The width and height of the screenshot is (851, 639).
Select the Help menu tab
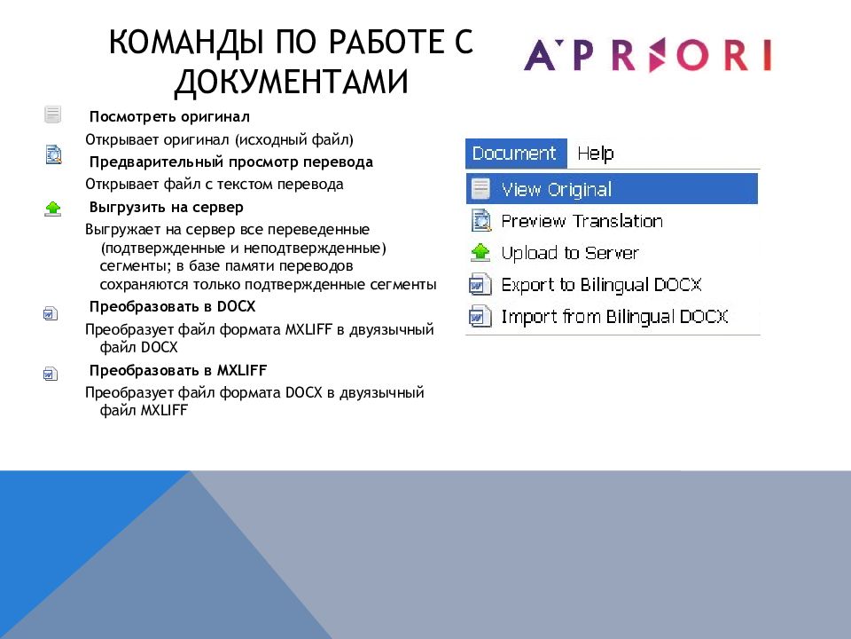click(596, 154)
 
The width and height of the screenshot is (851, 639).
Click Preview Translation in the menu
click(582, 221)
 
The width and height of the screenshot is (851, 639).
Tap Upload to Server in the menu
click(570, 253)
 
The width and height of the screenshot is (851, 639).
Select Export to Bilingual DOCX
click(601, 285)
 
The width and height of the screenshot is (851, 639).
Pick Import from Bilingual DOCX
click(614, 316)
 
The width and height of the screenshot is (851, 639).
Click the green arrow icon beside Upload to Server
click(480, 253)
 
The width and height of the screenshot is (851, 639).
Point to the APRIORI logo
click(647, 55)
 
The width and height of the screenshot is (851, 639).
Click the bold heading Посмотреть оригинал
click(169, 117)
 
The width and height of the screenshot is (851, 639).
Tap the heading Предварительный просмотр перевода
click(231, 162)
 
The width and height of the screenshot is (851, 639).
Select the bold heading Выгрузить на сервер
click(166, 207)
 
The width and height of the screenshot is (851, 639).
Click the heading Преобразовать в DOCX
click(172, 306)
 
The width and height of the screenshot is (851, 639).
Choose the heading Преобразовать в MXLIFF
click(178, 371)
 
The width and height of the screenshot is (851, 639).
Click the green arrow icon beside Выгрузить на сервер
click(52, 209)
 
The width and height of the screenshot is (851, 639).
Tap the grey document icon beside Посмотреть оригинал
click(52, 114)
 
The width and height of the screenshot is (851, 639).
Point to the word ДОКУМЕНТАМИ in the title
click(291, 83)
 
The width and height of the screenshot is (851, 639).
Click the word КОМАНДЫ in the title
click(185, 42)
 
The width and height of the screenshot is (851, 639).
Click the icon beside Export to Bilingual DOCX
click(480, 285)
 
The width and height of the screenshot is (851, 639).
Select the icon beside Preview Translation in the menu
click(480, 221)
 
